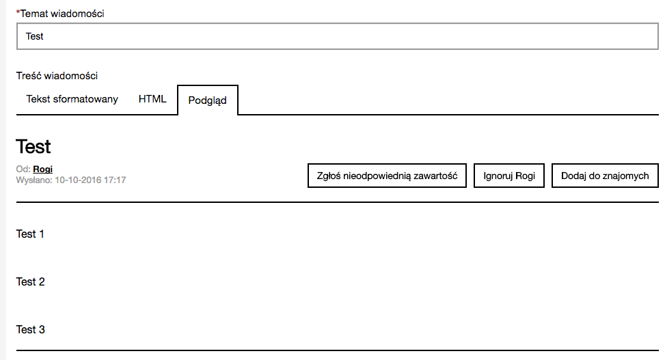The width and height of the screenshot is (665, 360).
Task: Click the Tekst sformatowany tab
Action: [72, 99]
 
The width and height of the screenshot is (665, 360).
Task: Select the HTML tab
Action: [152, 99]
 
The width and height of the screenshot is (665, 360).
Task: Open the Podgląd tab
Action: [207, 100]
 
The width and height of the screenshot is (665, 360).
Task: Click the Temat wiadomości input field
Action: [337, 36]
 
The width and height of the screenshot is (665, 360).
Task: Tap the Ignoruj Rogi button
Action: [509, 176]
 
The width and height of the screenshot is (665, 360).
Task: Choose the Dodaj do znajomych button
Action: [605, 176]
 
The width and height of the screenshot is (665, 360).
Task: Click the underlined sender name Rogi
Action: [42, 169]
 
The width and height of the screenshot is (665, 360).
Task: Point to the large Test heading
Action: [33, 146]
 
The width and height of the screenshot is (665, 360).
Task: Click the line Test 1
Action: [30, 234]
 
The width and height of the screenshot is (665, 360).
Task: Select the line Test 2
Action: [30, 282]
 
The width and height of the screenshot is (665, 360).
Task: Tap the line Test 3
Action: [30, 330]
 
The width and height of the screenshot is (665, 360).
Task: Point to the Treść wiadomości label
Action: [57, 76]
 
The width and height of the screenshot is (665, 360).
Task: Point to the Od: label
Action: [23, 169]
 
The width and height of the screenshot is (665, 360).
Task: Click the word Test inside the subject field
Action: [34, 36]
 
